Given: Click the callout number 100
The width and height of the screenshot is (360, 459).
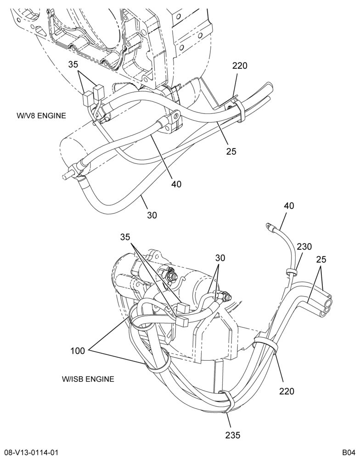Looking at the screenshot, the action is tap(77, 350).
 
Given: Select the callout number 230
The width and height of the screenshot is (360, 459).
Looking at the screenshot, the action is tap(304, 247).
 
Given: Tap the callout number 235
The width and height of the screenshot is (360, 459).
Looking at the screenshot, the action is tap(233, 435).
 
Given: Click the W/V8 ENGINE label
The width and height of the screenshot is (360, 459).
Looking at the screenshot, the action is tap(41, 116).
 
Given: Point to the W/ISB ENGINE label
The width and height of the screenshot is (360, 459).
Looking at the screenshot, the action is tap(88, 379).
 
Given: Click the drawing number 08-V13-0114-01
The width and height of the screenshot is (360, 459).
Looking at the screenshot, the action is tap(29, 453).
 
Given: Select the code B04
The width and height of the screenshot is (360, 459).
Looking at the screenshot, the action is tap(349, 453).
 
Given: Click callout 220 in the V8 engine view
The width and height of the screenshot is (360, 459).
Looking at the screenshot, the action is tap(240, 66).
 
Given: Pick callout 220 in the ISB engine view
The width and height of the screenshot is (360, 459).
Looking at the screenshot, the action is tap(287, 391).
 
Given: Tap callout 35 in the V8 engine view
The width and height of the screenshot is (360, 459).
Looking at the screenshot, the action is tap(73, 64).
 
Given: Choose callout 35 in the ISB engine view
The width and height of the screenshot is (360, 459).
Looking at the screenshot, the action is tap(125, 237).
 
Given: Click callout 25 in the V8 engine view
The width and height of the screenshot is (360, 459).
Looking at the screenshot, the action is tap(231, 151).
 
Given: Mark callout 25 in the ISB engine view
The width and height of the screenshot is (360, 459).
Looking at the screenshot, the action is tap(321, 259).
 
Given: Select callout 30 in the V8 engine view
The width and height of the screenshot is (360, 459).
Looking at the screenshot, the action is tap(152, 215).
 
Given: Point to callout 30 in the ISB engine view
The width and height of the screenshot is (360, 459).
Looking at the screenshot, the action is tap(220, 258).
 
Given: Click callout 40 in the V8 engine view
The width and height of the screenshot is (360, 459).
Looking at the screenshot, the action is tap(176, 184).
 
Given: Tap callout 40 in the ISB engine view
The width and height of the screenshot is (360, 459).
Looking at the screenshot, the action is tap(289, 206).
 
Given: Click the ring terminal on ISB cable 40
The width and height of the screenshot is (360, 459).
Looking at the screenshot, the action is tap(269, 226).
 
